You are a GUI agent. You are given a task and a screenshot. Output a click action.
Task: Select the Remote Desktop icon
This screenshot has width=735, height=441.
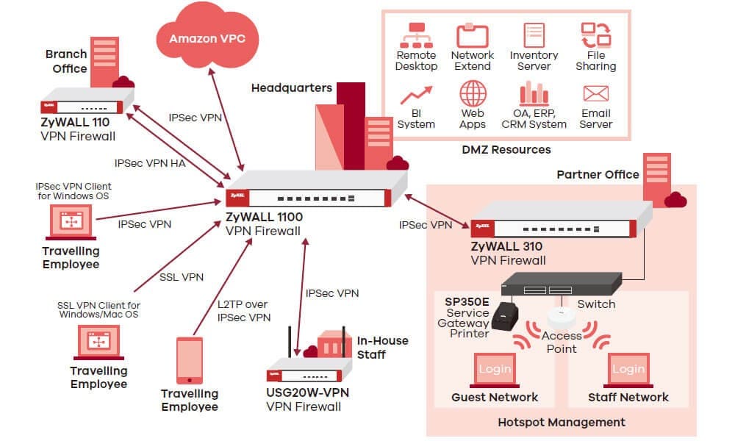point(416,35)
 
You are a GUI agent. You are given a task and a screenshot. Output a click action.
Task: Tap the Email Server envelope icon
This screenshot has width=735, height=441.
point(595,93)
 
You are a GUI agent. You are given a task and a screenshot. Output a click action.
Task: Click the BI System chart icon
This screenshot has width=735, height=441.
point(416,96)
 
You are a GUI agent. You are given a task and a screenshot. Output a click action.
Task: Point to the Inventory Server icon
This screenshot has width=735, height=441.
point(534,35)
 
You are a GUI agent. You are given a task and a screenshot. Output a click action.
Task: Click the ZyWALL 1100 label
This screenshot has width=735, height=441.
point(265,217)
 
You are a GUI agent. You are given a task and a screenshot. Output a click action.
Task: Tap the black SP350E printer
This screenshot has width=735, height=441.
point(506,314)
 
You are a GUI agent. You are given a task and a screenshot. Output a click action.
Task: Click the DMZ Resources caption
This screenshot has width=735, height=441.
point(506,150)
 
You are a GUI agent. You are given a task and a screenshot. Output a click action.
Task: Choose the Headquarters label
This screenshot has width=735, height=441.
point(292,88)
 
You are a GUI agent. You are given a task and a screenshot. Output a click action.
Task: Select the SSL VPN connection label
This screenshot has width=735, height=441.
point(182,277)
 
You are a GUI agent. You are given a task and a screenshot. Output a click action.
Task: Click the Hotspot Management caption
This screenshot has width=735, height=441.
point(562,422)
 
